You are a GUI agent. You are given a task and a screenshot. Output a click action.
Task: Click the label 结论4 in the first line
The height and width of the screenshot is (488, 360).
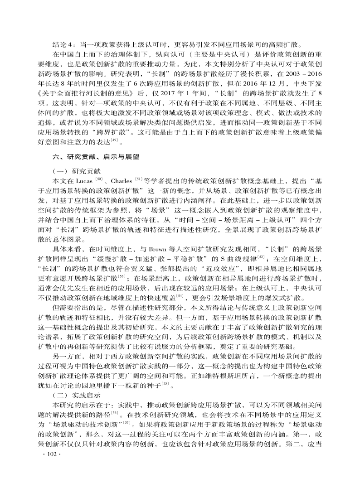click(x=62, y=44)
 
